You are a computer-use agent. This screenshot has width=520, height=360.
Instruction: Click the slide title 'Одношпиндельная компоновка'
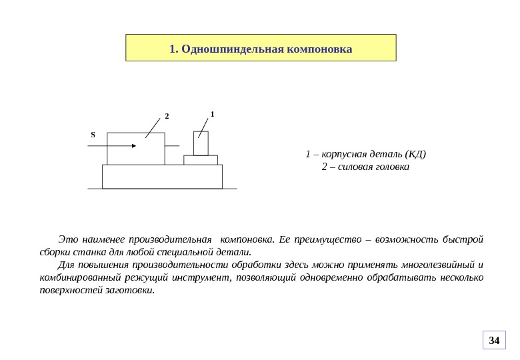(x=261, y=49)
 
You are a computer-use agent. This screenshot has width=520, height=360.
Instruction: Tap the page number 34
(x=494, y=341)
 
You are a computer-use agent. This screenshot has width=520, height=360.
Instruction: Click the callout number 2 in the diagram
(x=167, y=117)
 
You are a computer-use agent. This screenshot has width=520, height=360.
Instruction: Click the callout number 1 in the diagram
(x=212, y=114)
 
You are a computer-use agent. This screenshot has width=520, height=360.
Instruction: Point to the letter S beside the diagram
(x=93, y=135)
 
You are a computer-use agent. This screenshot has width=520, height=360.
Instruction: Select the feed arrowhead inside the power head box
(x=134, y=145)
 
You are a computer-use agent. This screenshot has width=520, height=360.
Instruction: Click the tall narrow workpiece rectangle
(x=201, y=143)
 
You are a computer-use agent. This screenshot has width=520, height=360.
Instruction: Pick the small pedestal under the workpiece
(x=201, y=160)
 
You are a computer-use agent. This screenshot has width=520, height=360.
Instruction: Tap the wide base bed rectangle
(x=162, y=177)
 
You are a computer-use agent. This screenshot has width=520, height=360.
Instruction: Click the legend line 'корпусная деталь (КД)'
(x=365, y=155)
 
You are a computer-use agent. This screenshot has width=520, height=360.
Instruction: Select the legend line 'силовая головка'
(x=365, y=167)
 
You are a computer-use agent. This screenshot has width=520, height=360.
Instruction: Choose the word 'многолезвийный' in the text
(x=436, y=265)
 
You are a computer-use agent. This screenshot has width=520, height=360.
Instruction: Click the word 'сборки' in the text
(x=54, y=252)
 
